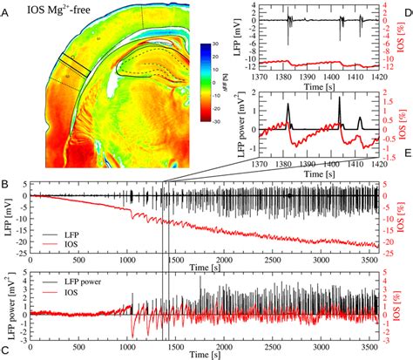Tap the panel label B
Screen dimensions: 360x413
point(6,185)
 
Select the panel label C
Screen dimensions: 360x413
point(6,352)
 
